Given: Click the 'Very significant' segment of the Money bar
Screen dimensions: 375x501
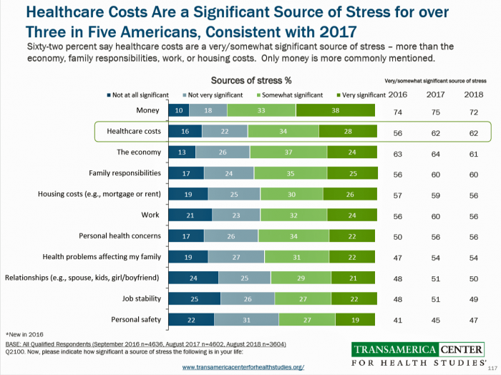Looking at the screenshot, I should point(335,110).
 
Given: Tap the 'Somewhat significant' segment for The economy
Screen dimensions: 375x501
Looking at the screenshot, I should point(288,152).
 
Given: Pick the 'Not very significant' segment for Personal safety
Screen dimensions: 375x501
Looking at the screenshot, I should point(246,319).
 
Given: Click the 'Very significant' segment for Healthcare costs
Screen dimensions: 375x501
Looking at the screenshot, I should point(346,131).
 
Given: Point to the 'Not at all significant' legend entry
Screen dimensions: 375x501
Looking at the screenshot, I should point(140,94).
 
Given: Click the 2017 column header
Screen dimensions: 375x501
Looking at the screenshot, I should point(435,94).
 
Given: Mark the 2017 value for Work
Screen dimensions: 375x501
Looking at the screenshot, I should point(435,215).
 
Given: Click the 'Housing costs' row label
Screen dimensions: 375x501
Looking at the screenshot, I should point(99,194).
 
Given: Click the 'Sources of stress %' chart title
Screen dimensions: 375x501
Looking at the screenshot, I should point(250,80).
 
